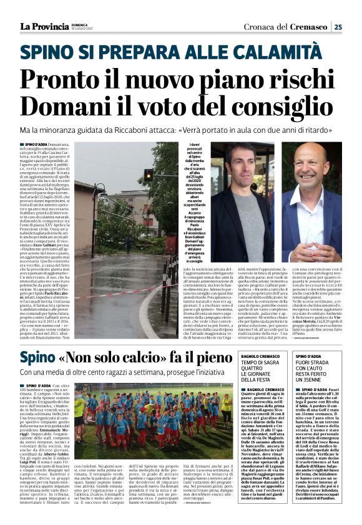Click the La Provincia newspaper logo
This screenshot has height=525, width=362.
pyautogui.click(x=43, y=26)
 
